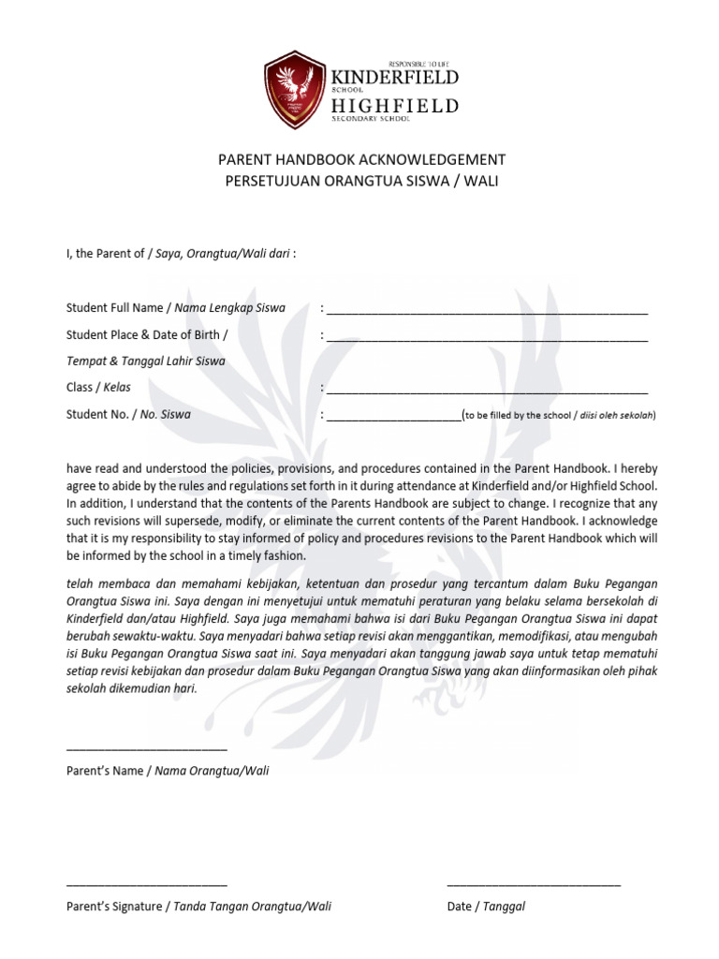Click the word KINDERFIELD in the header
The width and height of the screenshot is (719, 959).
coord(395,76)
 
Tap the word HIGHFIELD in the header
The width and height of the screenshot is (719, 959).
coord(395,106)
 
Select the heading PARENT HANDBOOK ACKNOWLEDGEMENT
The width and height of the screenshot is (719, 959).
coord(361,159)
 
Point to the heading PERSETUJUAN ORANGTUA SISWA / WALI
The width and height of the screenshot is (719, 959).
coord(361,180)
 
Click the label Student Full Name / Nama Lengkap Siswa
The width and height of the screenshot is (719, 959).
coord(176,308)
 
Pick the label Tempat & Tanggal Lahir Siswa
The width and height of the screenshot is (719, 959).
coord(146,361)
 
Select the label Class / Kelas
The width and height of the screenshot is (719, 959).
coord(98,387)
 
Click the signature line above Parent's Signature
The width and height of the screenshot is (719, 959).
coord(147,883)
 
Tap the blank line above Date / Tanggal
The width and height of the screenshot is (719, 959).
coord(534,883)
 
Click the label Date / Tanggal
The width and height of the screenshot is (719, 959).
coord(486,907)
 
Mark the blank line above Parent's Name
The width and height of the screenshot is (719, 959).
coord(147,748)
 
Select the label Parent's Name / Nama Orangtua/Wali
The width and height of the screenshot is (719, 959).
coord(168,771)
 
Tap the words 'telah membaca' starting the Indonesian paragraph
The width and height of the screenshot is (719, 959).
coord(104,582)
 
